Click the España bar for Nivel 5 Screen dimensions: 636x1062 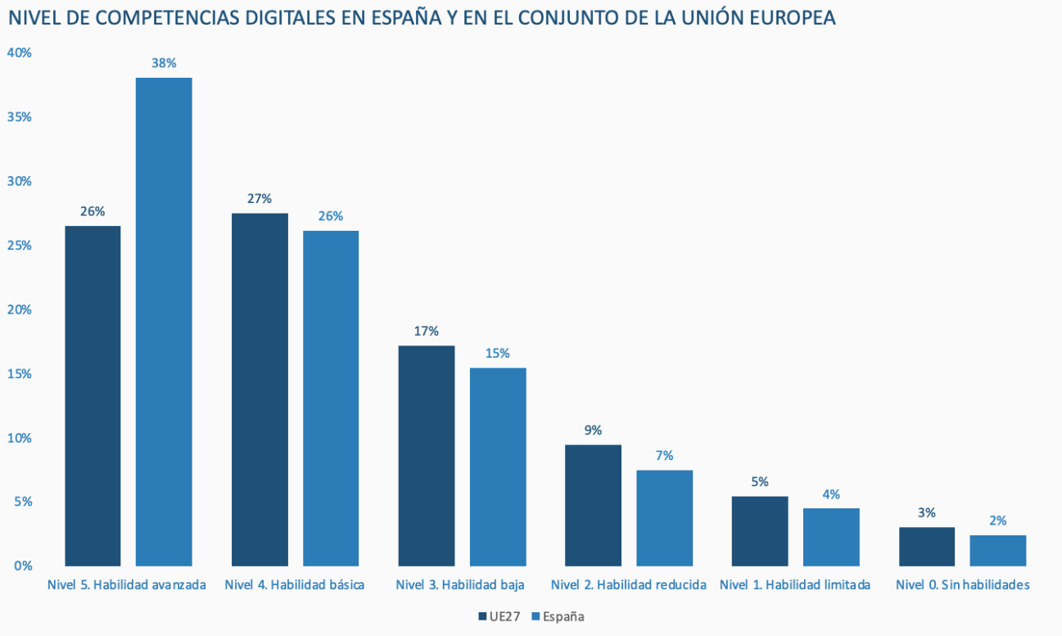pyautogui.click(x=164, y=321)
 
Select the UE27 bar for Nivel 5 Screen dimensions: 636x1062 pyautogui.click(x=93, y=395)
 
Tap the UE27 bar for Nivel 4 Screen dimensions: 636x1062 pyautogui.click(x=260, y=389)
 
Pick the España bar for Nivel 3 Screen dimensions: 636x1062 pyautogui.click(x=498, y=467)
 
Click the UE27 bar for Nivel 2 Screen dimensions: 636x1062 pyautogui.click(x=594, y=505)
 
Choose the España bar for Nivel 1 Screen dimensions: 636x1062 pyautogui.click(x=831, y=537)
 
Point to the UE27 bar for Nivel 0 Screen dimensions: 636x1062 pyautogui.click(x=927, y=546)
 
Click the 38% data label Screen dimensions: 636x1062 pyautogui.click(x=164, y=62)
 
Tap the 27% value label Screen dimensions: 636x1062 pyautogui.click(x=260, y=198)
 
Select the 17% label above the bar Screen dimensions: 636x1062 pyautogui.click(x=427, y=331)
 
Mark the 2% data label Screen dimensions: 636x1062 pyautogui.click(x=997, y=520)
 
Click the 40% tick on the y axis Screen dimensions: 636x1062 pyautogui.click(x=19, y=52)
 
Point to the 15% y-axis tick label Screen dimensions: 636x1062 pyautogui.click(x=19, y=373)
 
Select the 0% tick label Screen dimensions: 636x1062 pyautogui.click(x=22, y=566)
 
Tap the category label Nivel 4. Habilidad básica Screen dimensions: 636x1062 pyautogui.click(x=294, y=584)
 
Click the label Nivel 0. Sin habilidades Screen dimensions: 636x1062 pyautogui.click(x=962, y=584)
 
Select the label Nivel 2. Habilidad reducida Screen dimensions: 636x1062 pyautogui.click(x=629, y=584)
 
